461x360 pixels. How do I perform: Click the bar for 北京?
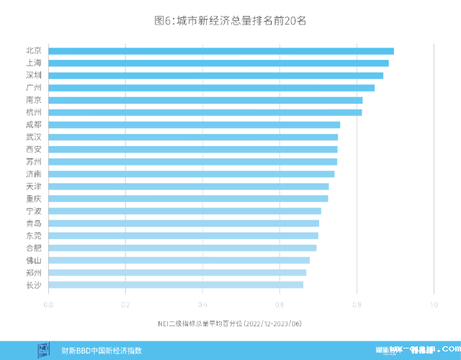tap(220, 50)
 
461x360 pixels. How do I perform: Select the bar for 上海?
tap(218, 63)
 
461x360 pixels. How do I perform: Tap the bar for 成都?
tap(194, 125)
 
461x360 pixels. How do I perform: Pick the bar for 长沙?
tap(175, 285)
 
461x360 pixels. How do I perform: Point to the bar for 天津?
tap(188, 186)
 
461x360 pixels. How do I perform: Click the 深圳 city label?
tap(33, 75)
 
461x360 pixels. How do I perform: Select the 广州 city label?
tap(33, 88)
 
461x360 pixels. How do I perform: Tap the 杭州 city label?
tap(33, 112)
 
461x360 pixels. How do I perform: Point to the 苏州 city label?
tap(33, 161)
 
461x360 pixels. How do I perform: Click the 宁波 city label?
tap(33, 211)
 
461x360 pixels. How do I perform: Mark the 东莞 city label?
tap(33, 235)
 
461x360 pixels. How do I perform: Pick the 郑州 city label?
tap(33, 273)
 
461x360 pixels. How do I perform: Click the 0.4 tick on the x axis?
tap(202, 305)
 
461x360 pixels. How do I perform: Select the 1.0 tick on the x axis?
tap(434, 305)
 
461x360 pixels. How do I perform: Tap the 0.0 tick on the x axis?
tap(48, 305)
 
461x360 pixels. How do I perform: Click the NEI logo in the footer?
tap(44, 350)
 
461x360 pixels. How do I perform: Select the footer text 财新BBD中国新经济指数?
tap(102, 351)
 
